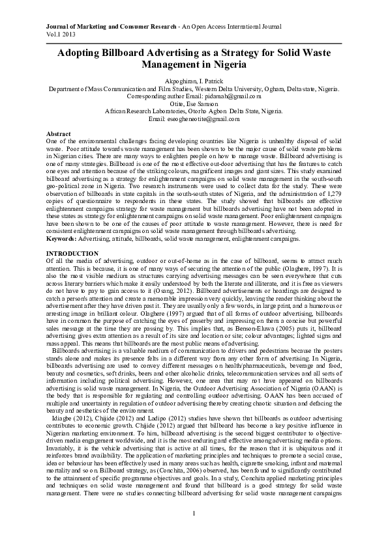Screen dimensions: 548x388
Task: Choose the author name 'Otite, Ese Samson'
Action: (x=193, y=103)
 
